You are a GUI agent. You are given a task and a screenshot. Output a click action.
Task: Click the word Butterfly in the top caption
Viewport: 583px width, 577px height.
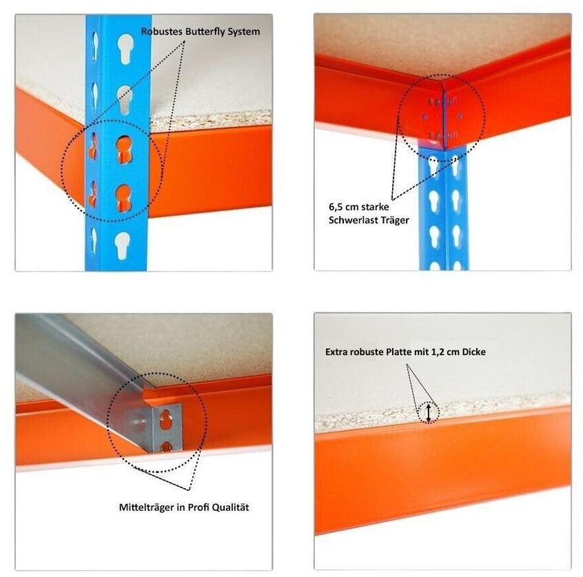tap(205, 32)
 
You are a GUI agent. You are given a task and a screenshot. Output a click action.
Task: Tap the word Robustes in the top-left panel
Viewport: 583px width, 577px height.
tap(162, 32)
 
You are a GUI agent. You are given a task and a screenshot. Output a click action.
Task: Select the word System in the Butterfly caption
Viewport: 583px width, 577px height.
tap(244, 32)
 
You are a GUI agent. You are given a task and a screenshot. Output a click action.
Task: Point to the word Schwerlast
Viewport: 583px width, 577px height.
tap(352, 220)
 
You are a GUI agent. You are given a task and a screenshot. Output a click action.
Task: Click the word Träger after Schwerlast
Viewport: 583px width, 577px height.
tap(393, 220)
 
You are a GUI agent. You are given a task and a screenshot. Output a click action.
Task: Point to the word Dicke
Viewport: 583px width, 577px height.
tap(474, 352)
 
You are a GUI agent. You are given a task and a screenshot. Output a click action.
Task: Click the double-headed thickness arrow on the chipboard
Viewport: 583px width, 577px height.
tap(429, 414)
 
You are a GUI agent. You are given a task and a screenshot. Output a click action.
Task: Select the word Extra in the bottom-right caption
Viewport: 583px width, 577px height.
tap(336, 352)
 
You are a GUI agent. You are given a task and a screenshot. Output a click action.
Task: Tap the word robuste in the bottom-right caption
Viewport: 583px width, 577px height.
tap(366, 352)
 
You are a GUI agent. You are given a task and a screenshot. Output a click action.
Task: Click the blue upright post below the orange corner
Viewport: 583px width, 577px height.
tap(444, 208)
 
